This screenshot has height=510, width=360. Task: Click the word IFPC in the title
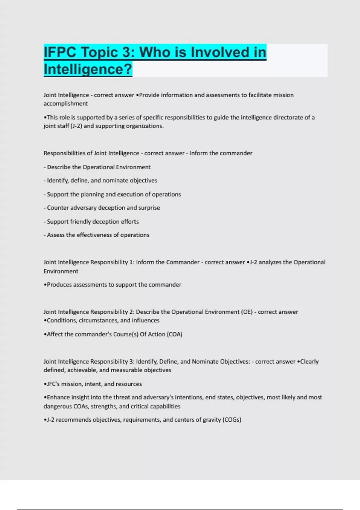tap(60, 52)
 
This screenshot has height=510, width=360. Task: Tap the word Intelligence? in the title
tap(88, 69)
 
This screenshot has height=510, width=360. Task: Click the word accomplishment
tap(66, 103)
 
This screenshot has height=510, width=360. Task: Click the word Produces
tap(59, 284)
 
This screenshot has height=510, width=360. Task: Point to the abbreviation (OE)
tap(247, 312)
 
